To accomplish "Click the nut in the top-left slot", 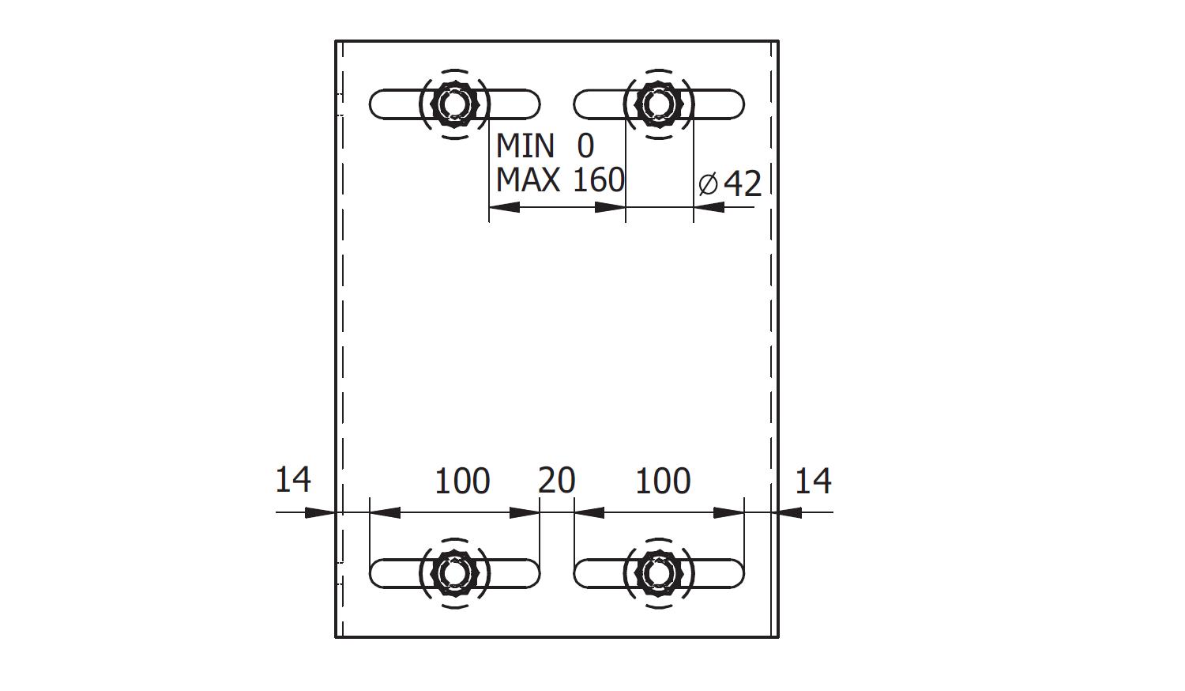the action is tap(454, 104).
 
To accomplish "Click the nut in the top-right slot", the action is tap(658, 104).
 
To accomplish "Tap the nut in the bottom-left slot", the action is tap(454, 573).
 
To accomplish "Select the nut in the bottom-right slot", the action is tap(659, 573).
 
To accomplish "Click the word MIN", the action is tap(525, 145).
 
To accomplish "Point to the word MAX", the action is tap(528, 180).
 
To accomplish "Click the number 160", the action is tap(599, 180).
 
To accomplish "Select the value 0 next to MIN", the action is tap(585, 145).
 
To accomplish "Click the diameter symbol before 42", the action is tap(708, 184).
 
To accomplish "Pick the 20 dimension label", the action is tap(556, 481).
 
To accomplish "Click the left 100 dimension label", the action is tap(462, 481).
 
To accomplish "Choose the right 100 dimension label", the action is tap(663, 481).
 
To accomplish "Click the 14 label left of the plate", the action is tap(293, 480).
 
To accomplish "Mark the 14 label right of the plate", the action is tap(813, 481).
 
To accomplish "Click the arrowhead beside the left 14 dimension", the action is tap(320, 512).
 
